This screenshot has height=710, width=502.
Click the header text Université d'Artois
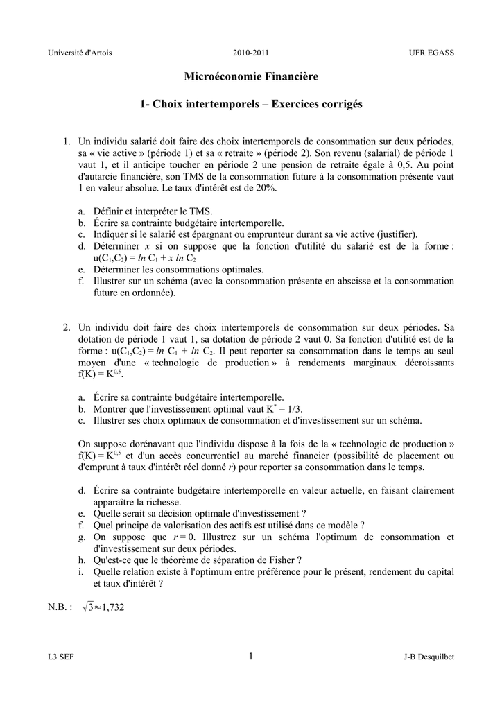coord(79,53)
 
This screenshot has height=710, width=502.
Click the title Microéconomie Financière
coord(251,76)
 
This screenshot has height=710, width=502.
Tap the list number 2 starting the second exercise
coord(66,327)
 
